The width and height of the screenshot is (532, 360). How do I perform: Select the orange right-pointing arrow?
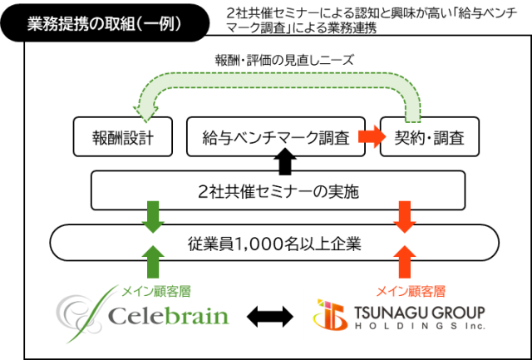click(372, 136)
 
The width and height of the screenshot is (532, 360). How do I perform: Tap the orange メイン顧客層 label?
click(411, 292)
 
